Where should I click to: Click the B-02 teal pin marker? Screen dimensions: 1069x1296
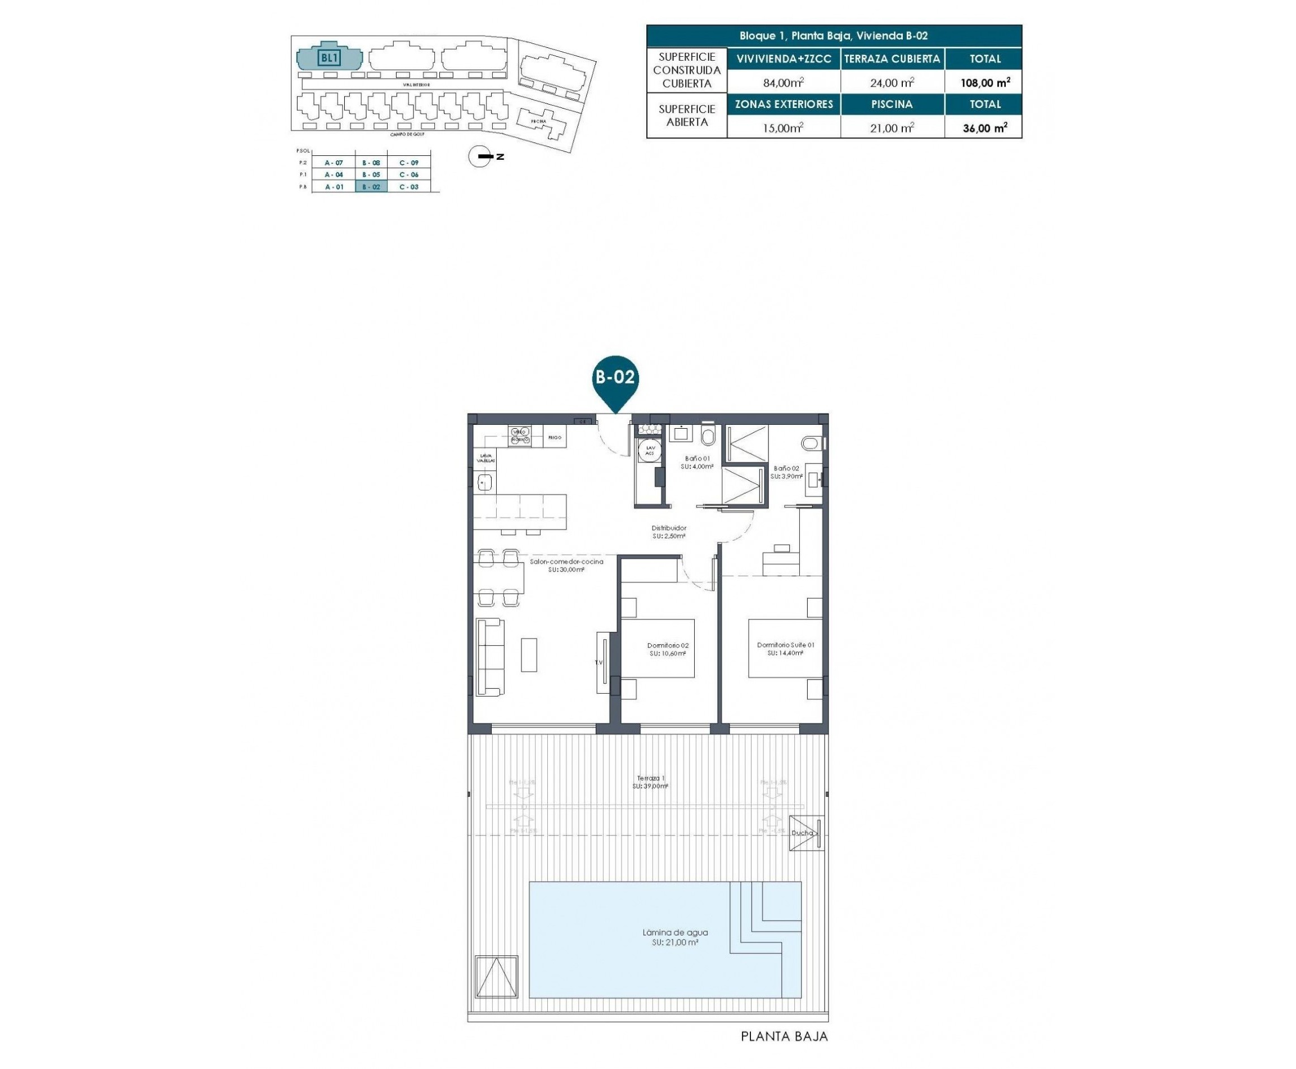pyautogui.click(x=614, y=378)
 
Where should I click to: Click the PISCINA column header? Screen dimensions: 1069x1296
pyautogui.click(x=891, y=104)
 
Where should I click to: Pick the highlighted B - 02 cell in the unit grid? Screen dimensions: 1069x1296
pyautogui.click(x=371, y=187)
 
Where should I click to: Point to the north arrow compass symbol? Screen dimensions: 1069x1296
pyautogui.click(x=480, y=157)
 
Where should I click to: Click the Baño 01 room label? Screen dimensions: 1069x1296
pyautogui.click(x=697, y=462)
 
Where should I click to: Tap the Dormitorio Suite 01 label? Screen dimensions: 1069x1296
pyautogui.click(x=785, y=648)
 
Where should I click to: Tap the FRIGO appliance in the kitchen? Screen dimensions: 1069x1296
pyautogui.click(x=554, y=437)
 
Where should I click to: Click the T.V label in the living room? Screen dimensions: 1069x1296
pyautogui.click(x=598, y=663)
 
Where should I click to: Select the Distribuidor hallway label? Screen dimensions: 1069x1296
pyautogui.click(x=669, y=532)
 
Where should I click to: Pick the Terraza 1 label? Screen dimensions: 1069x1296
pyautogui.click(x=650, y=782)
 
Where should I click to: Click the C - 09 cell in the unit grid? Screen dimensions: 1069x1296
pyautogui.click(x=408, y=163)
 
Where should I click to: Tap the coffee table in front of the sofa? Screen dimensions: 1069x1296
pyautogui.click(x=528, y=654)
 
